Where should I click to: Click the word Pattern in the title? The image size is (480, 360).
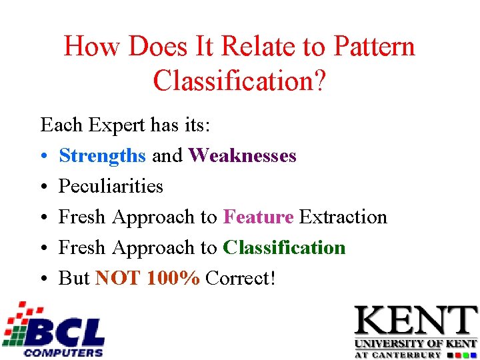click(x=375, y=47)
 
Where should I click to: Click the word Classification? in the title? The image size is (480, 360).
click(x=239, y=81)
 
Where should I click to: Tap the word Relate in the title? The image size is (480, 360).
click(x=260, y=47)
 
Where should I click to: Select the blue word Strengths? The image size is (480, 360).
click(x=102, y=156)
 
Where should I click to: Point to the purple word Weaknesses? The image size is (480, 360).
click(x=242, y=156)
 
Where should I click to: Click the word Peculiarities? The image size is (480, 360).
click(x=111, y=187)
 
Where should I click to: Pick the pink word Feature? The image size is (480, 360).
click(x=258, y=217)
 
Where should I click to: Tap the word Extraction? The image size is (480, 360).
click(x=343, y=217)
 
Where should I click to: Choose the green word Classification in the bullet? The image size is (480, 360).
click(x=284, y=248)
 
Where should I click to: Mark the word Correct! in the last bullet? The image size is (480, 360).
click(x=240, y=279)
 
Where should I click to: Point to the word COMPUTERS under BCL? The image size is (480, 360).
click(x=63, y=352)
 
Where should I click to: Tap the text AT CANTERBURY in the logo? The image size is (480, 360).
click(x=397, y=355)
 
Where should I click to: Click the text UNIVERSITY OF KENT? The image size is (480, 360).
click(x=415, y=344)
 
